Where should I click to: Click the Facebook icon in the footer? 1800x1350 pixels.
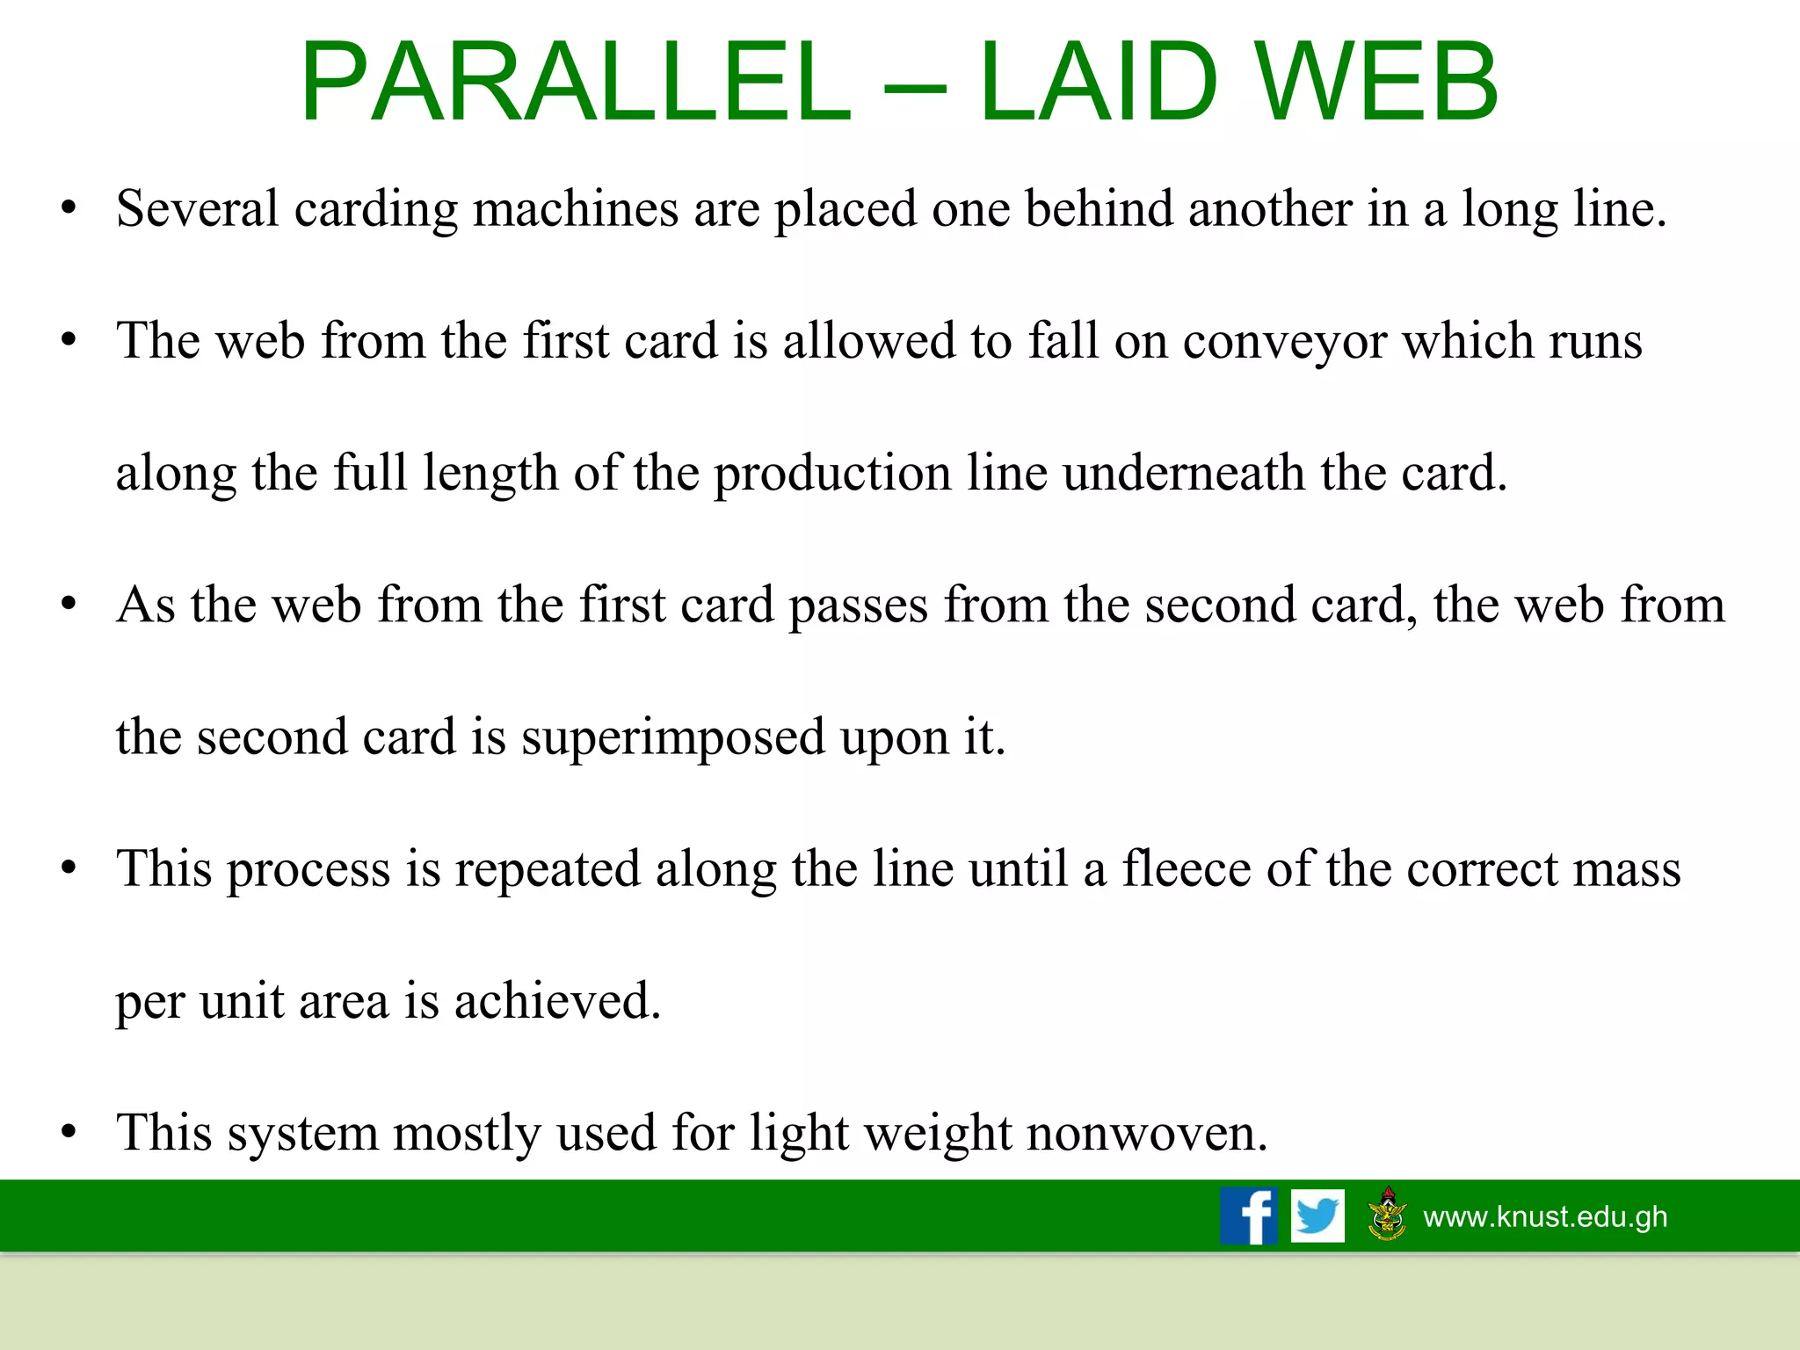(x=1248, y=1216)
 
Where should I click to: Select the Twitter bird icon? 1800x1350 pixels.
(x=1317, y=1216)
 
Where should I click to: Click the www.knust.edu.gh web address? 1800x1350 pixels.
(x=1545, y=1216)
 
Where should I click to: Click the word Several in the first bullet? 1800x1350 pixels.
(x=197, y=209)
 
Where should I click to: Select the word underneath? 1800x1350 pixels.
(x=1183, y=473)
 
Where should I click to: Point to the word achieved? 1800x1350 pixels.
(x=556, y=1001)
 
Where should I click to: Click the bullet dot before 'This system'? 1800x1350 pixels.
(x=69, y=1132)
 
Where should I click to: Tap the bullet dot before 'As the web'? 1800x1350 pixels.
(x=69, y=605)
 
